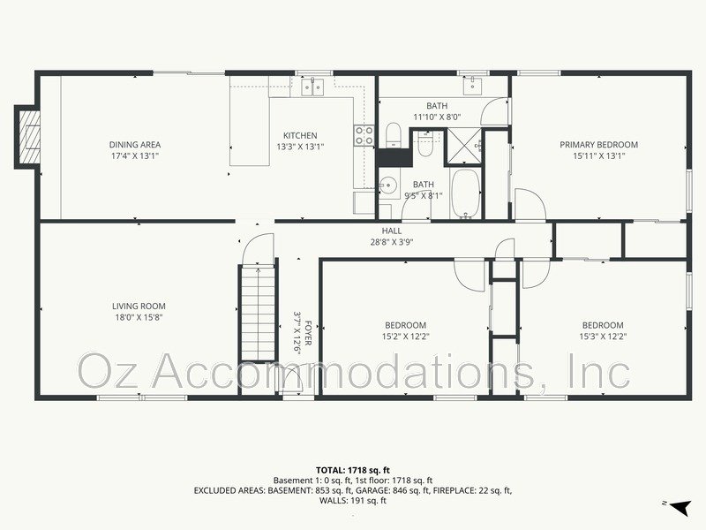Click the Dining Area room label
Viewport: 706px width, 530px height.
(x=134, y=145)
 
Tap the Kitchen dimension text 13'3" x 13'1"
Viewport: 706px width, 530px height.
(x=300, y=148)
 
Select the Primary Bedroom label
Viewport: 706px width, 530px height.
(x=598, y=145)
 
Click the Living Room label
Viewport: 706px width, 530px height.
(x=138, y=307)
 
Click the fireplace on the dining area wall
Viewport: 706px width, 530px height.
(x=28, y=137)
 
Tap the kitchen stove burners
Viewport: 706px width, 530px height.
(x=363, y=135)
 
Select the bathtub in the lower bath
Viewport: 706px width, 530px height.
(x=464, y=193)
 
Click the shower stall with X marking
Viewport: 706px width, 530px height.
(x=462, y=141)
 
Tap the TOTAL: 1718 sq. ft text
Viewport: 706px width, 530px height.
(x=353, y=469)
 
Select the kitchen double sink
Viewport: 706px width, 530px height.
(x=314, y=87)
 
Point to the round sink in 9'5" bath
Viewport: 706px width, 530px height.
(x=388, y=186)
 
